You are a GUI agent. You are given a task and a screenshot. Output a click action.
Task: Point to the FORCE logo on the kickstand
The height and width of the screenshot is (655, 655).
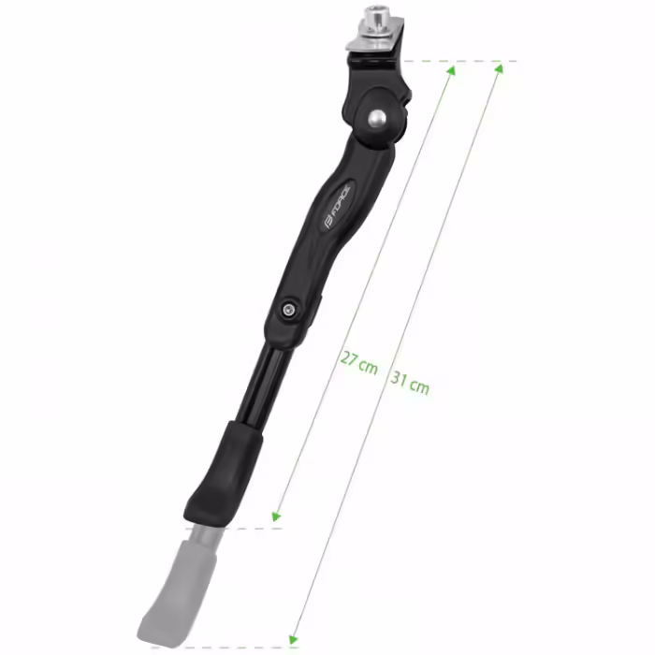336,207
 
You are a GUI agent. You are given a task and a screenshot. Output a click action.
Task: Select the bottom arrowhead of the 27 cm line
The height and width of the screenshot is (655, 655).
276,516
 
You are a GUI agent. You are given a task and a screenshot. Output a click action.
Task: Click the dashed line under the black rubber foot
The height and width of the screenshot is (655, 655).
253,529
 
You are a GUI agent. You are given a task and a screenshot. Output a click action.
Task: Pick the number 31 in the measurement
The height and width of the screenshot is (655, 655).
399,379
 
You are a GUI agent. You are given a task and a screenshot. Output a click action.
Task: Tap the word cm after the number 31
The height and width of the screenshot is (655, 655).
420,386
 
